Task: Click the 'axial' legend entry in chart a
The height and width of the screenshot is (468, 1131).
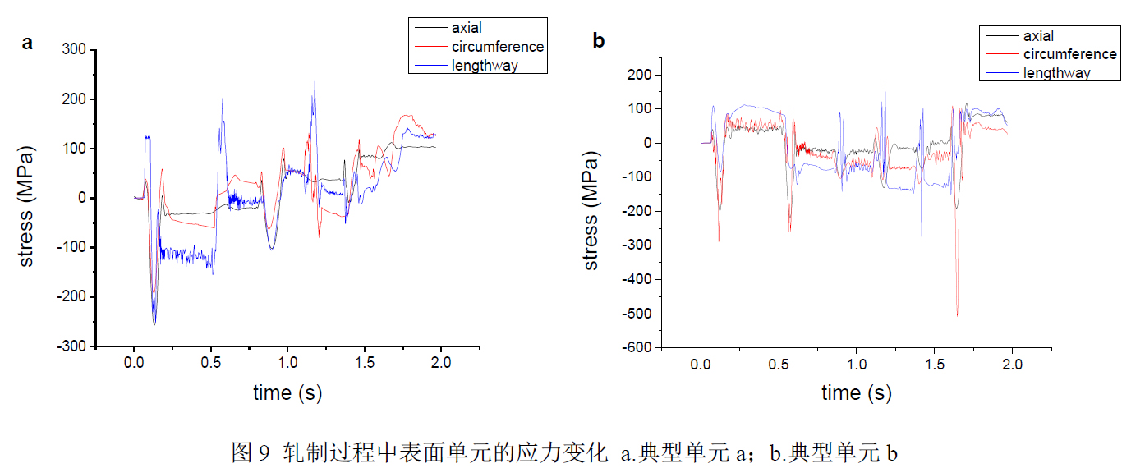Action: coord(467,29)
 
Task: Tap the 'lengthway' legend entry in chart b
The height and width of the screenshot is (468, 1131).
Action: coord(1056,73)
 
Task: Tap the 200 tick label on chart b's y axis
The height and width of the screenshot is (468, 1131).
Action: coord(640,75)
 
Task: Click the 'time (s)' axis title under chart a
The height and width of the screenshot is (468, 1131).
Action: coord(287,393)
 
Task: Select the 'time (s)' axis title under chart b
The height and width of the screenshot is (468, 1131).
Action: coord(856,393)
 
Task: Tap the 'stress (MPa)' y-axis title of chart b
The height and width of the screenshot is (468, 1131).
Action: coord(591,210)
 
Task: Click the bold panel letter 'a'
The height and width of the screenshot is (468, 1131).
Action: coord(27,44)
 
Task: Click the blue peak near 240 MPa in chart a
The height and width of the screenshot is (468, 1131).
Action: coord(314,80)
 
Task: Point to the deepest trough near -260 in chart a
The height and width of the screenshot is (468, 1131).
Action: coord(154,324)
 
